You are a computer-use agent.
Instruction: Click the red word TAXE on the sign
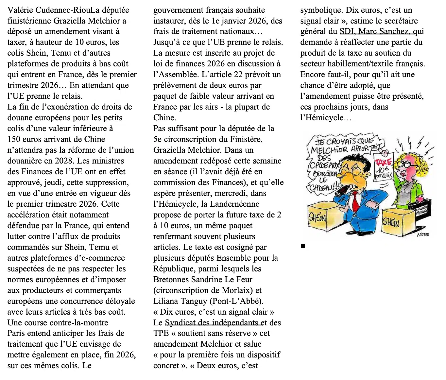tap(383, 163)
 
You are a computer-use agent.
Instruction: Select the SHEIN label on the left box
tap(317, 217)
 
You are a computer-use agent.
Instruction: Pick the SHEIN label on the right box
tap(391, 223)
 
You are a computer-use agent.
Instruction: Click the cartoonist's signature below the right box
tap(423, 234)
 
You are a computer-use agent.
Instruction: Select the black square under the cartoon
tap(303, 246)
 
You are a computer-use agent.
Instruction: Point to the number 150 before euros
tap(15, 139)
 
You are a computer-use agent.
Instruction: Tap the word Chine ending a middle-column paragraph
tap(164, 118)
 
